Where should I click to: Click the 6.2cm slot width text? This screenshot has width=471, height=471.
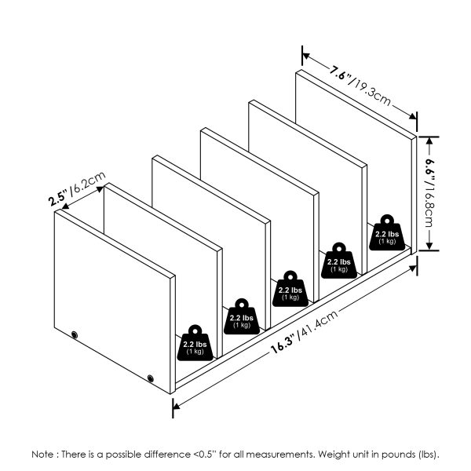point(86,186)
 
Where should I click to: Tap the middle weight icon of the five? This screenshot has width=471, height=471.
point(290,290)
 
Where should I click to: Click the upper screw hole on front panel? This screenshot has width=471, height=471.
point(75,335)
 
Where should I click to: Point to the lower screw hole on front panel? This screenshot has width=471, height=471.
point(151,380)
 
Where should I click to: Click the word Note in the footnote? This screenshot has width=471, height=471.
point(43,454)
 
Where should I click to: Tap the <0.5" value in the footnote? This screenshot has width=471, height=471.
point(207,454)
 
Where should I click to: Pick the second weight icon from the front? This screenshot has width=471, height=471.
point(241,317)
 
